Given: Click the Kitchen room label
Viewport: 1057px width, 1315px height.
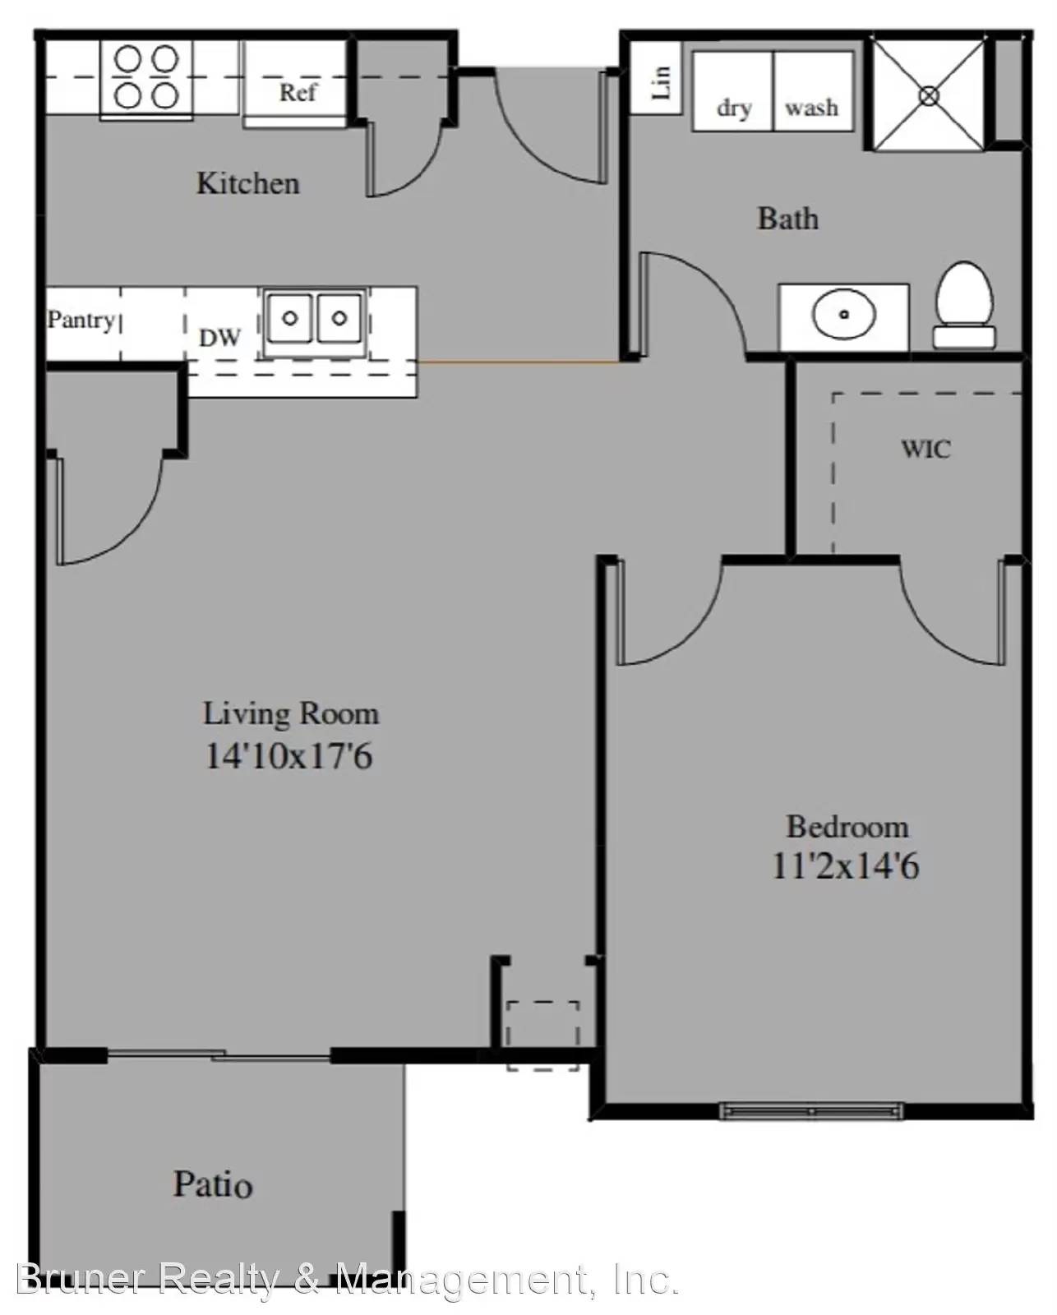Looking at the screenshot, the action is coord(248,183).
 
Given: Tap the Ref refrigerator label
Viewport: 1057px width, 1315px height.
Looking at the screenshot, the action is coord(298,93).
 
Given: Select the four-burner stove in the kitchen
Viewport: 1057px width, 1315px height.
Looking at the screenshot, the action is coord(146,79).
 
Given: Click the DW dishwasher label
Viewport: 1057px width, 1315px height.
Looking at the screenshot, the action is coord(219,337).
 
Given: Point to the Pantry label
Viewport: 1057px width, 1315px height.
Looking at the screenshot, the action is coord(81,320).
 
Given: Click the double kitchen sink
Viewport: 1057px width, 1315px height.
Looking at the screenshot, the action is coord(315,318).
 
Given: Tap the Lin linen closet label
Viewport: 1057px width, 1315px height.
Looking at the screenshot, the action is coord(661,82).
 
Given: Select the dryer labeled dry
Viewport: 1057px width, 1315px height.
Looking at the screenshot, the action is coord(733,91).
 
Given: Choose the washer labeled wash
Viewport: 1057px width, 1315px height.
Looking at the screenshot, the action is coord(813,91).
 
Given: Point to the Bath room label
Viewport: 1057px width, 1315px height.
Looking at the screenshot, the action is coord(788,219).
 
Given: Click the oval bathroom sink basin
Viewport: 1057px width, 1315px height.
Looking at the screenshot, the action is coord(843,315).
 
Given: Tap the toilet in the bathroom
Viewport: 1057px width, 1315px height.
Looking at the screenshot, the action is coord(965,306).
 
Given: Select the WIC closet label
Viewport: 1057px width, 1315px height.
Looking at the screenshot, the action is coord(926,449).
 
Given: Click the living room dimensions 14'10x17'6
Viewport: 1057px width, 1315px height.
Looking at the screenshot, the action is coord(288,756).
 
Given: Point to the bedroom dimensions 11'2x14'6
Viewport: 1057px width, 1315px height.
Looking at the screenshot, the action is coord(846,866).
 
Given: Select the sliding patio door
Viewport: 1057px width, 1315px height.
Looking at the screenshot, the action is coord(219,1054).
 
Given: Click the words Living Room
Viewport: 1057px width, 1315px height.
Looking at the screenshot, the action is coord(291,714).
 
